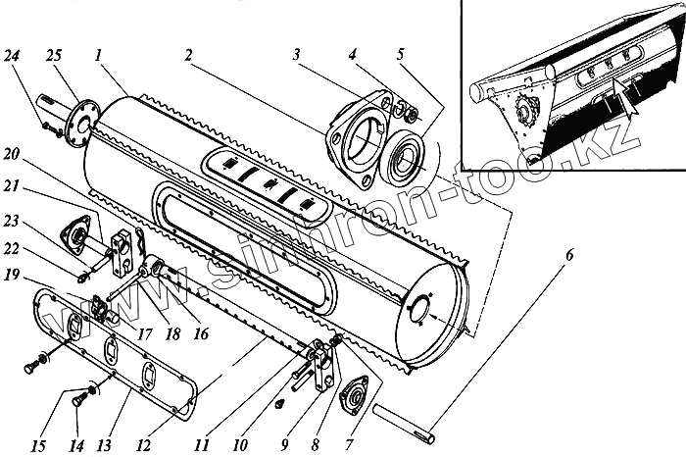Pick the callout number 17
pyautogui.click(x=145, y=334)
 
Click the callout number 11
pyautogui.click(x=201, y=444)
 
